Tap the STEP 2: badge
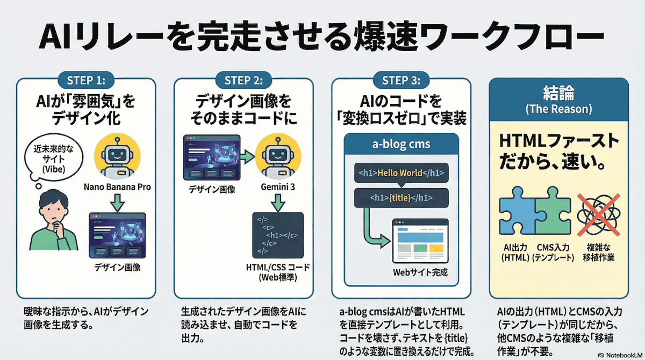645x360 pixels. (244, 81)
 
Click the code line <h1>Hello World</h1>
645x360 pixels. (401, 173)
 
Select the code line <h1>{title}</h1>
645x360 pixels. (401, 198)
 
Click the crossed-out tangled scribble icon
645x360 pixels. (595, 214)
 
